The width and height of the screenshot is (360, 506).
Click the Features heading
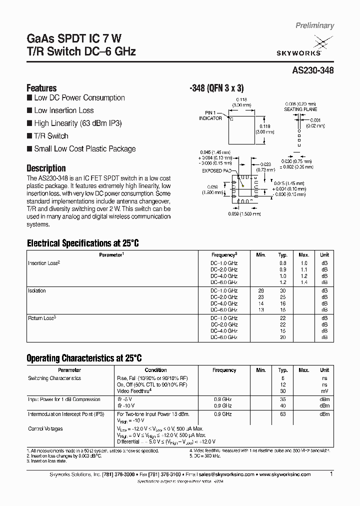(41, 87)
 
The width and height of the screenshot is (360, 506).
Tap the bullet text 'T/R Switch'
(51, 136)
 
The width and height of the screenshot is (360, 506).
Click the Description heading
(46, 168)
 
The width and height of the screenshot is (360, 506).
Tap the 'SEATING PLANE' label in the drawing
(300, 109)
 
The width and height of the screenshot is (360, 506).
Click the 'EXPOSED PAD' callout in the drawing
(215, 170)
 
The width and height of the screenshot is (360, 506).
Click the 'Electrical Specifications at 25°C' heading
(82, 243)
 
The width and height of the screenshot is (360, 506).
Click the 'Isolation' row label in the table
(37, 290)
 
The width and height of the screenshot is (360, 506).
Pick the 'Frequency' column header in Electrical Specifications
(223, 255)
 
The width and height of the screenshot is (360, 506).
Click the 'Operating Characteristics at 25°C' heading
(84, 358)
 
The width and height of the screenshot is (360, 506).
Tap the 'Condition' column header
(156, 370)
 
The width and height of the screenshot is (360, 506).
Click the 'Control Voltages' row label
(45, 429)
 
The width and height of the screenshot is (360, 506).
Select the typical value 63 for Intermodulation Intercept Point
(283, 414)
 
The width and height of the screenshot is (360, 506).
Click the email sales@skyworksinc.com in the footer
(226, 474)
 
